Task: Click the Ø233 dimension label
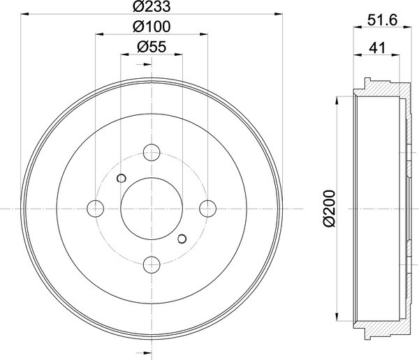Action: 152,6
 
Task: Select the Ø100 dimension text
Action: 152,27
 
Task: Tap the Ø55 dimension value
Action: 152,47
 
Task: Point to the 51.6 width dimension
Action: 383,20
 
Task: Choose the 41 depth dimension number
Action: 377,48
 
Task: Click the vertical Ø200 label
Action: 329,209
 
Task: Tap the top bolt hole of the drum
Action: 152,153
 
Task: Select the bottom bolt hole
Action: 152,264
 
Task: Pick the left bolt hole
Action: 96,209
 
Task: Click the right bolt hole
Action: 207,209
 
